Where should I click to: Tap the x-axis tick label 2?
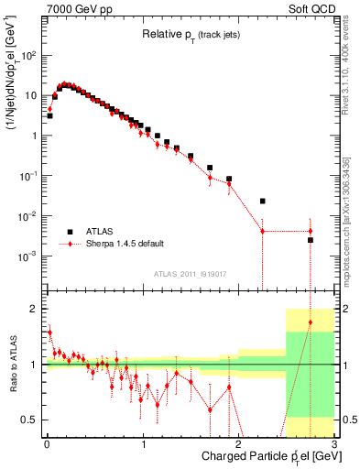[x=238, y=443]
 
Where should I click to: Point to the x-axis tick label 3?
[x=334, y=443]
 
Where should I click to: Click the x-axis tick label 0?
[x=47, y=443]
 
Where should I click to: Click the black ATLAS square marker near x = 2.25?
[x=263, y=201]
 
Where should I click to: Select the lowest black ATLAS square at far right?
[x=311, y=240]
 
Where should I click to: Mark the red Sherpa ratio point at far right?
[x=311, y=322]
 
